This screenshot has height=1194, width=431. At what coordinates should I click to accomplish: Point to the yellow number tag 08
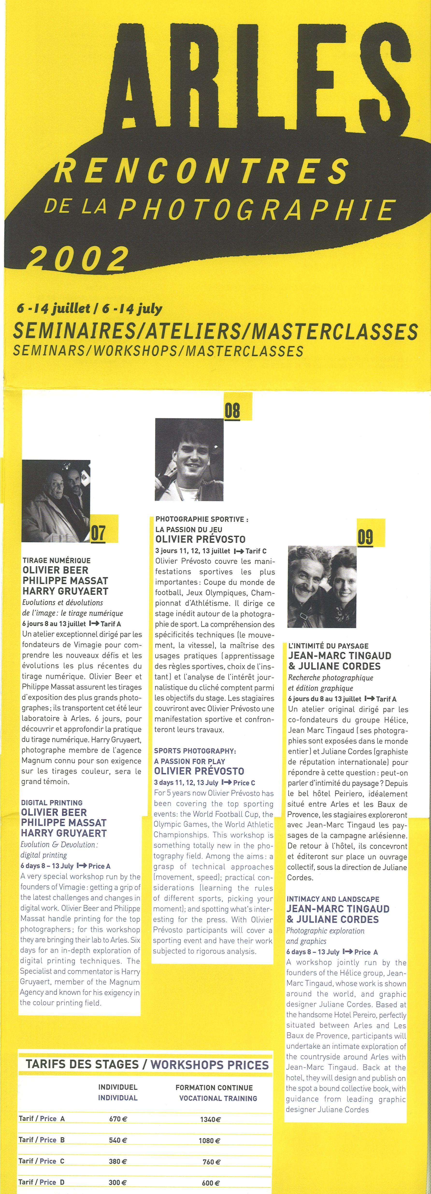pyautogui.click(x=233, y=410)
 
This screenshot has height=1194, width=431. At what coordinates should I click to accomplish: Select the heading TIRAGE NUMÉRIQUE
pyautogui.click(x=57, y=560)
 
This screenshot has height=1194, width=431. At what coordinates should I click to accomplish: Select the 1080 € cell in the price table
pyautogui.click(x=209, y=1140)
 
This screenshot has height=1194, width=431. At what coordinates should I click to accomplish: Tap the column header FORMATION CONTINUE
pyautogui.click(x=214, y=1087)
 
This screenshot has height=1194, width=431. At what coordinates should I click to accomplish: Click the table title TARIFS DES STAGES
pyautogui.click(x=82, y=1065)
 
